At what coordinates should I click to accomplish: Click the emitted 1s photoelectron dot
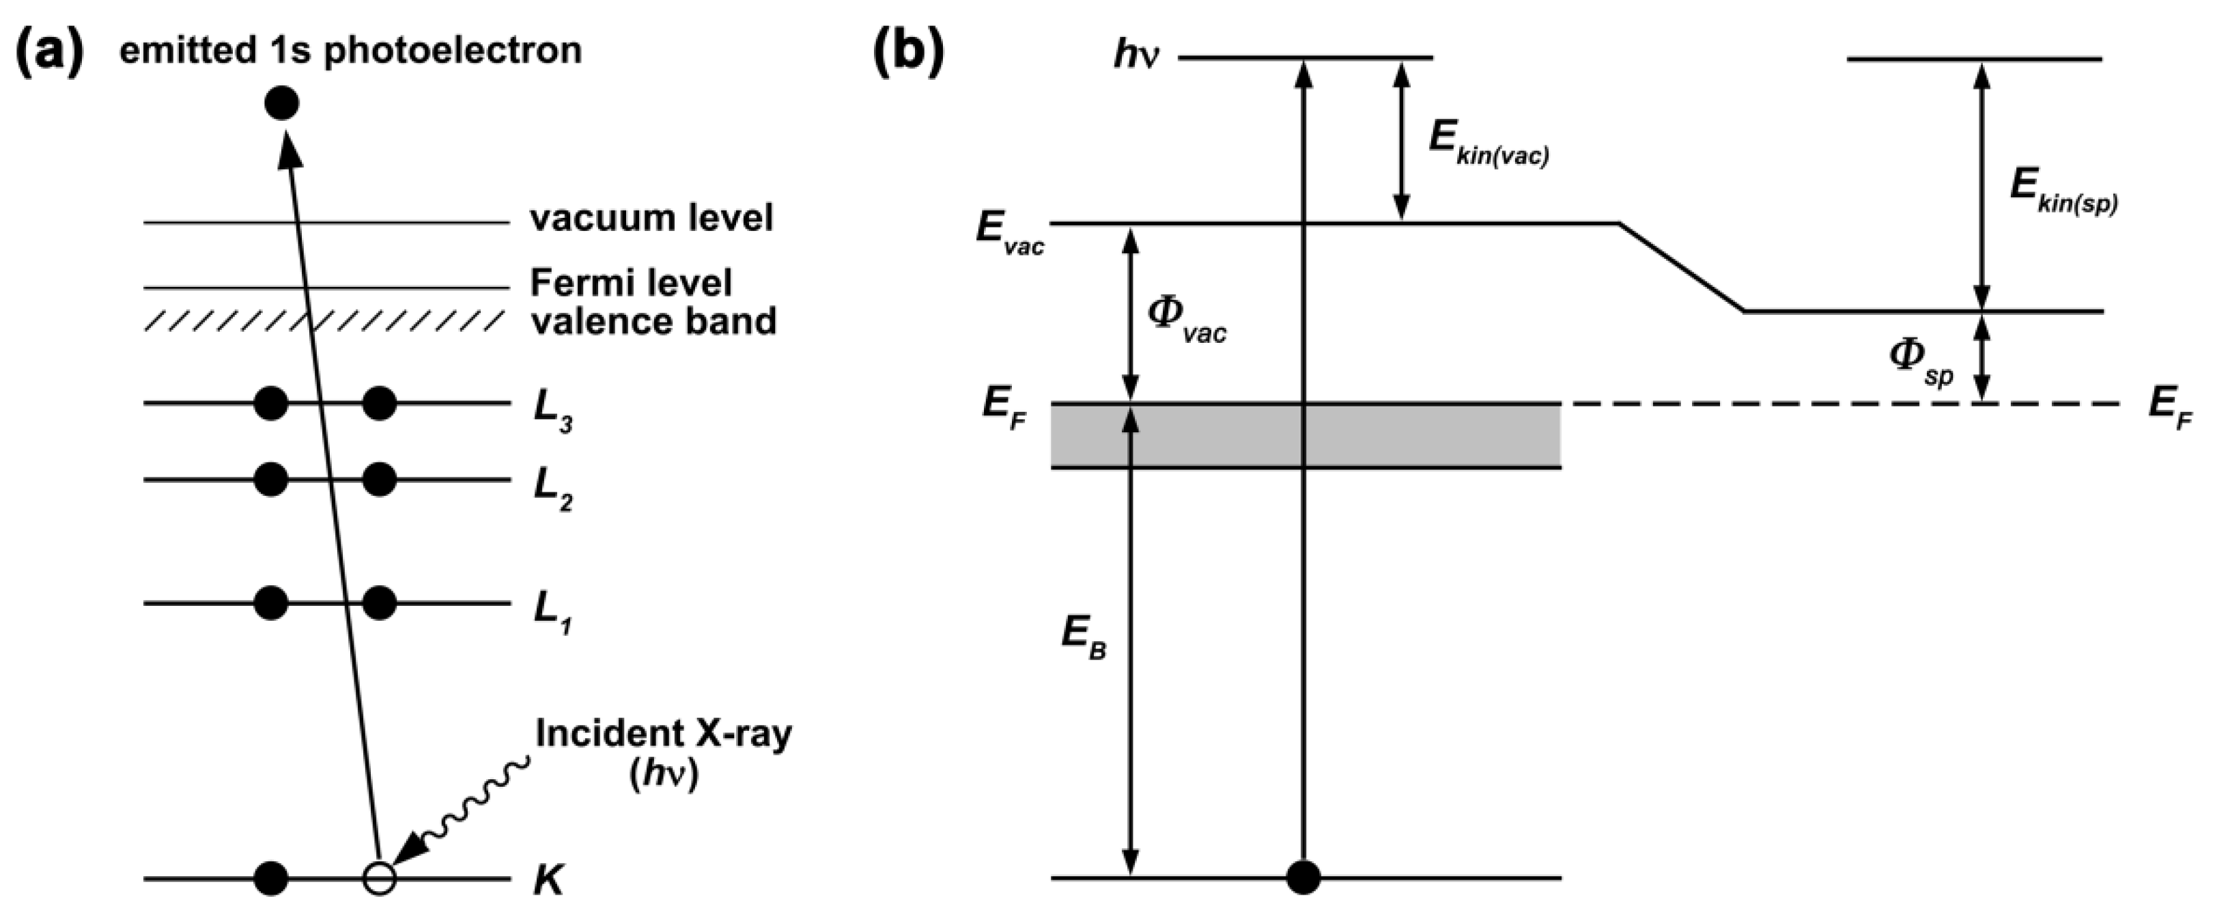point(282,104)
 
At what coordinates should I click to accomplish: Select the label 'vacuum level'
point(651,218)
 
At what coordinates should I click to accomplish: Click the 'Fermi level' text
point(631,283)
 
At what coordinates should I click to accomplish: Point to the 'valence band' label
point(653,321)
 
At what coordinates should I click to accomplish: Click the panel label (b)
point(909,50)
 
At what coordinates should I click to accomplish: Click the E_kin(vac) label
point(1488,142)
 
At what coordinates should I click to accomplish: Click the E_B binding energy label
point(1082,637)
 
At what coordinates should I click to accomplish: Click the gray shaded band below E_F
point(1419,435)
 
